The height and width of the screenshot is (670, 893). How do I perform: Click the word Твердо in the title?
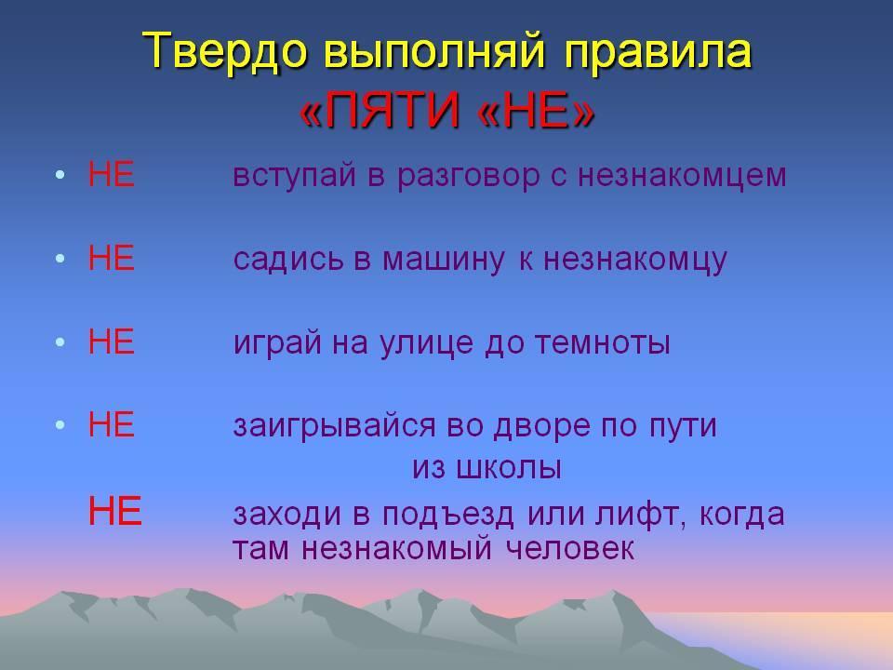coord(225,51)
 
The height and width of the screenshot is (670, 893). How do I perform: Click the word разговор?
coord(468,177)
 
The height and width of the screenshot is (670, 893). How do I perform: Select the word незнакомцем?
coord(682,177)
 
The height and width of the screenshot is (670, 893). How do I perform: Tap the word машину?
coord(443,261)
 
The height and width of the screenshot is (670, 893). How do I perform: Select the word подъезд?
coord(448,515)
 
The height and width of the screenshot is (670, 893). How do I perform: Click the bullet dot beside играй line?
coord(60,342)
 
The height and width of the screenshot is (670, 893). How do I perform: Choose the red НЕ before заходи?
coord(114,511)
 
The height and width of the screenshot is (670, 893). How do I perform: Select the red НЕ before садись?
coord(111,258)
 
